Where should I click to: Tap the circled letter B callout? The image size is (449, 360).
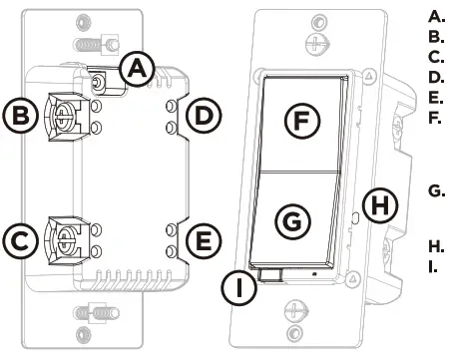(x=20, y=116)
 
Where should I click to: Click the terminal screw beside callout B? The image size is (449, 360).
(x=62, y=117)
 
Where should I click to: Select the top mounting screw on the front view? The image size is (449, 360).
(x=317, y=44)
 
